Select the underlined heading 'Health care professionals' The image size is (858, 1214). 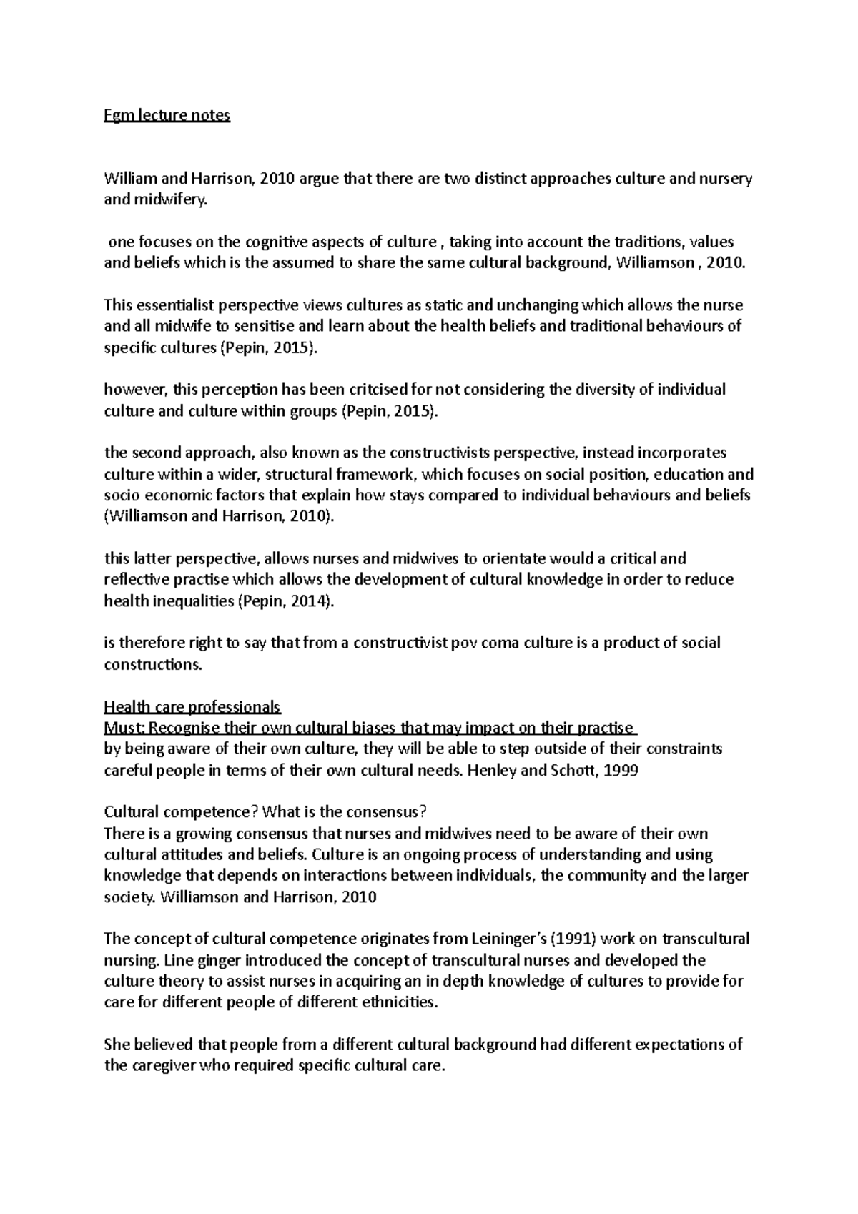192,707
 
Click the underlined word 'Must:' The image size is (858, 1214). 125,729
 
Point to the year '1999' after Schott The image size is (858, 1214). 618,771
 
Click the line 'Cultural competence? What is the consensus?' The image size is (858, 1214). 265,812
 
